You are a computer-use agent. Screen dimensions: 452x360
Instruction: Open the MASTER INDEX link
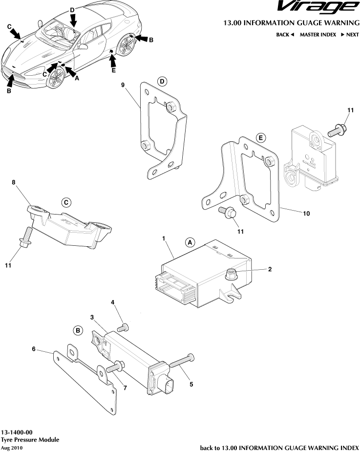pos(318,35)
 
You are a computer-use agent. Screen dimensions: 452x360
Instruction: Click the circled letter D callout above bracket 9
pos(162,81)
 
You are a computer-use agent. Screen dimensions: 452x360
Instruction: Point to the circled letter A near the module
pos(190,242)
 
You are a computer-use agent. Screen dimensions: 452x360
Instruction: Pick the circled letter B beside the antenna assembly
pos(78,331)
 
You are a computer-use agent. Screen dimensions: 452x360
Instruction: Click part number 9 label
pos(123,85)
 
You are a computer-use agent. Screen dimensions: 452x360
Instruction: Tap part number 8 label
pos(14,183)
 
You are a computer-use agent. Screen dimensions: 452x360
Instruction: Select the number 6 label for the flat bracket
pos(34,349)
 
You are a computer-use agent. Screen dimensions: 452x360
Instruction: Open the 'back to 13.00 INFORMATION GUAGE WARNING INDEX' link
pos(279,448)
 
